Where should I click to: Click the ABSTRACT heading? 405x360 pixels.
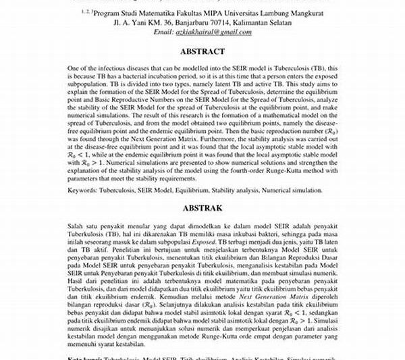pos(202,51)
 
